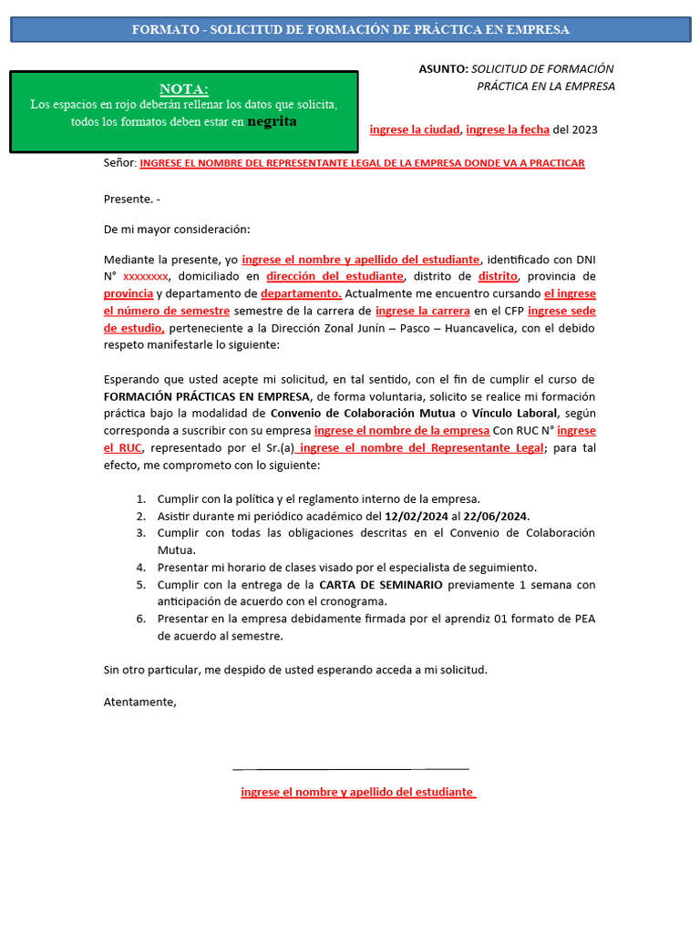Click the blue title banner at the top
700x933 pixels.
click(350, 29)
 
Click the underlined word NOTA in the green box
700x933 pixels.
click(184, 88)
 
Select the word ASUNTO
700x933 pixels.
click(443, 69)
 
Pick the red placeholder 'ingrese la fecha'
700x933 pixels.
click(508, 129)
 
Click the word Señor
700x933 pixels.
click(119, 163)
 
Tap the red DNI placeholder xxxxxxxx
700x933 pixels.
click(145, 276)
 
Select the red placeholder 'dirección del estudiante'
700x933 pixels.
click(335, 276)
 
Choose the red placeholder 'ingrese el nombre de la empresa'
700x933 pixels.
click(402, 430)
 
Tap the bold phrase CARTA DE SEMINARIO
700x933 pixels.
click(381, 584)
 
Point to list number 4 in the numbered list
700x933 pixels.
click(141, 567)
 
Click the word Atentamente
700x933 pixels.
click(139, 702)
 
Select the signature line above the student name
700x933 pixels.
click(351, 769)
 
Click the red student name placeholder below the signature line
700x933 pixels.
click(357, 793)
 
